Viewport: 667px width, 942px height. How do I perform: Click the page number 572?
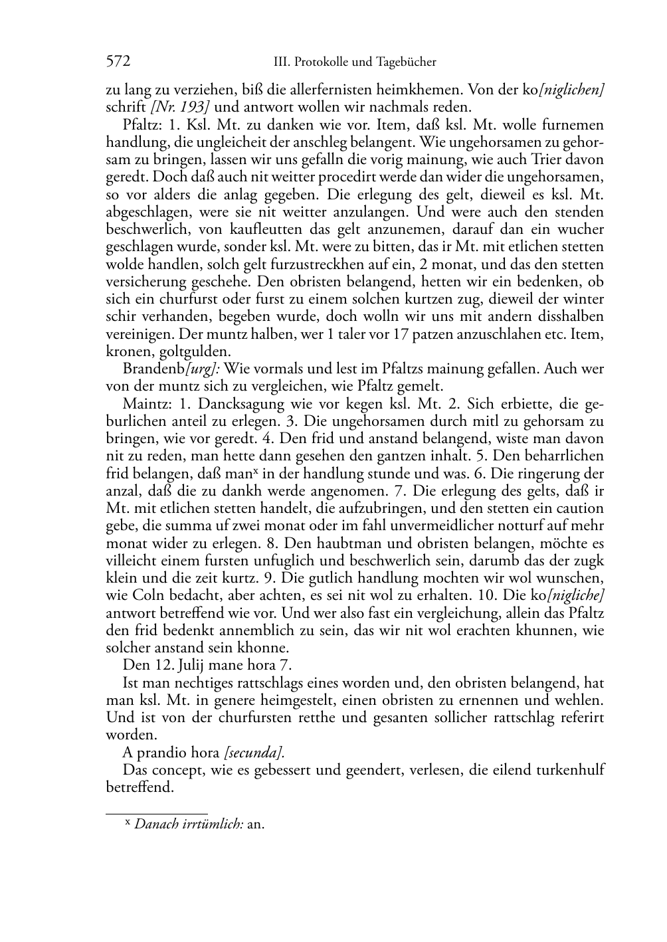pos(118,62)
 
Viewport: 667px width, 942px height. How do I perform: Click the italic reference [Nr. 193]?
pos(173,107)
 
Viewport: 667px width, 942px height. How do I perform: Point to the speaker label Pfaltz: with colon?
pos(142,125)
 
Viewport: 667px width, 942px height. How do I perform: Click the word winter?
pos(582,299)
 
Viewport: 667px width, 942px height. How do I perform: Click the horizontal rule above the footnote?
pos(157,812)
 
